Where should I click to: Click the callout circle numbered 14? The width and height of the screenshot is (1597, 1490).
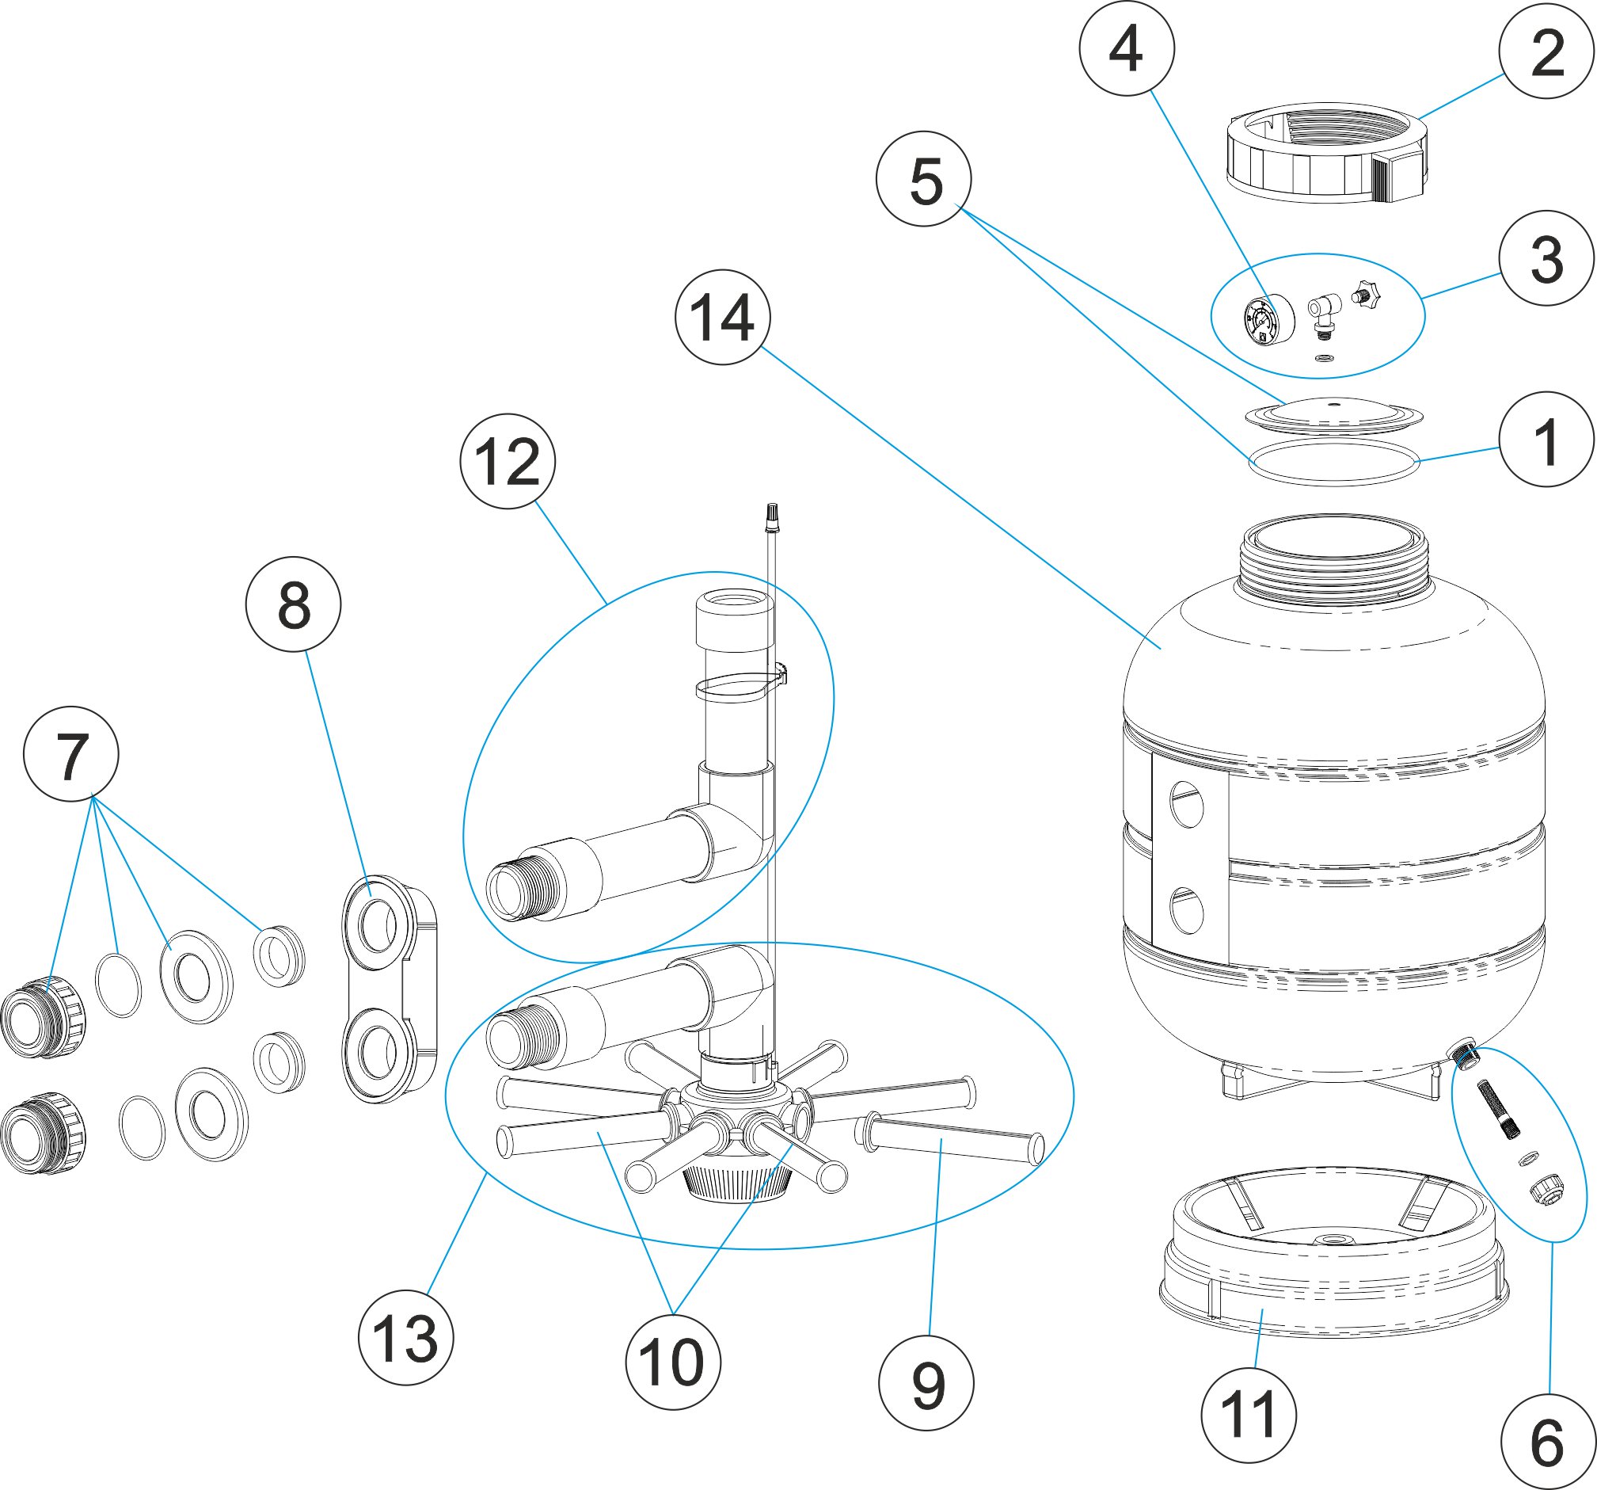(x=722, y=317)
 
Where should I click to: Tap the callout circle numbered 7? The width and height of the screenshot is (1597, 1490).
(x=71, y=754)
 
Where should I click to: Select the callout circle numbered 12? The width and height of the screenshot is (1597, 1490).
(x=508, y=460)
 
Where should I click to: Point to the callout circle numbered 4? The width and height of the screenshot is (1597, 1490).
(x=1126, y=48)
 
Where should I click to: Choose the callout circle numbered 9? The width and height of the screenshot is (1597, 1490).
(x=926, y=1383)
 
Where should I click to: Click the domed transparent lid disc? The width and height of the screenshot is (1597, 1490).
(x=1333, y=413)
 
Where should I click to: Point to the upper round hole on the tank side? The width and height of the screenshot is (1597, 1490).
(x=1187, y=805)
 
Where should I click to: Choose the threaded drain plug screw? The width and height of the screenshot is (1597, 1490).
(x=1499, y=1109)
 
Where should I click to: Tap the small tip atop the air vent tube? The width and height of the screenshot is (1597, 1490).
(x=771, y=515)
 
